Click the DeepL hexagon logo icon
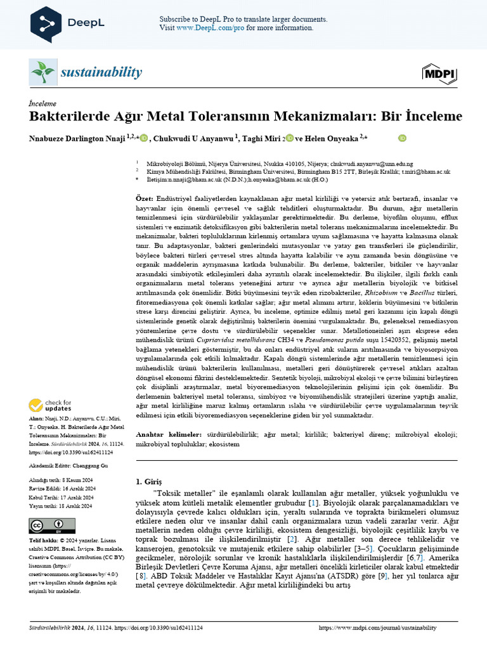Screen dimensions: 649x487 [46, 23]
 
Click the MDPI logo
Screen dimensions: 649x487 [439, 74]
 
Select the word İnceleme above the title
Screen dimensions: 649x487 [42, 103]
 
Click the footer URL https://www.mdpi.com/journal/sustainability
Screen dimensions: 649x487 [377, 627]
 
